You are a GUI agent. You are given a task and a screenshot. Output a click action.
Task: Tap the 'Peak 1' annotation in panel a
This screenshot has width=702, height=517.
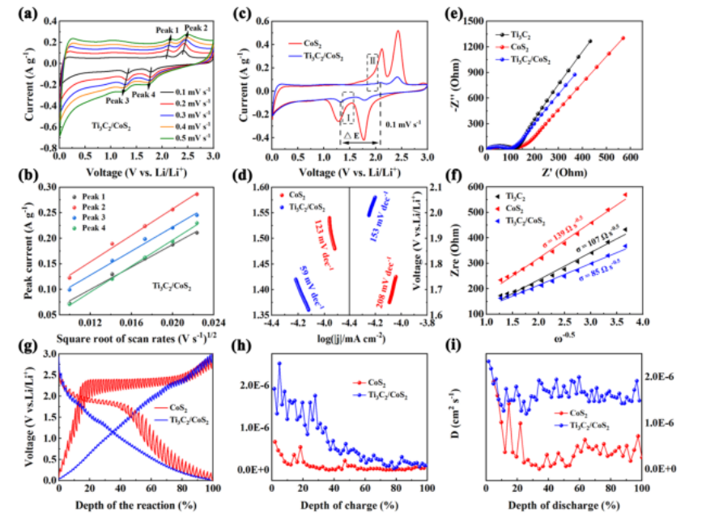tap(168, 30)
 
